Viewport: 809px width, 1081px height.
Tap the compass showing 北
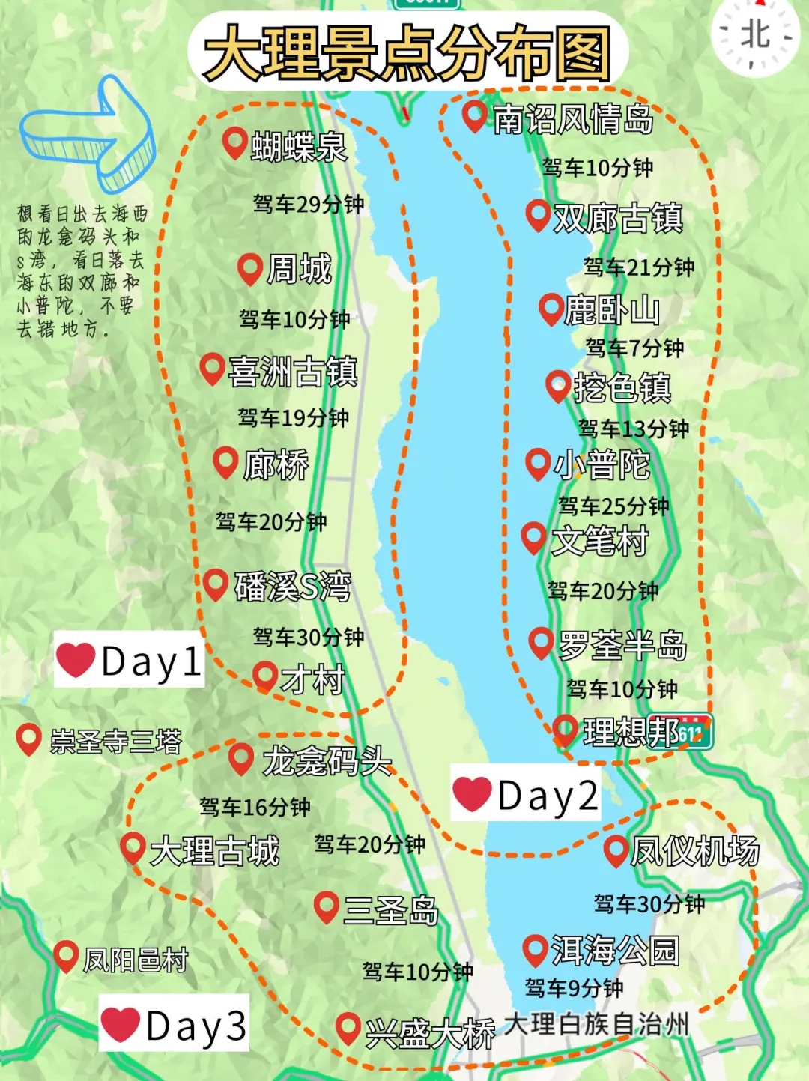tap(755, 34)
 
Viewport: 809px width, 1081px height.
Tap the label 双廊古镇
tap(618, 218)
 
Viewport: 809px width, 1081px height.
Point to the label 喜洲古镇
tap(293, 372)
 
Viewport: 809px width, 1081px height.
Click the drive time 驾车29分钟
tap(308, 204)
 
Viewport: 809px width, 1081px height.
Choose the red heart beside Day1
tap(76, 660)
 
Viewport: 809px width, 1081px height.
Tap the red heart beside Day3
tap(121, 1024)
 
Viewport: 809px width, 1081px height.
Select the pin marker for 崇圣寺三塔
tap(28, 739)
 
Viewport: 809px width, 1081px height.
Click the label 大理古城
tap(214, 851)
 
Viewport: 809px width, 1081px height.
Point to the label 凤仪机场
tap(694, 851)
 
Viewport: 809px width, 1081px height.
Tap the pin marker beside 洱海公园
tap(534, 949)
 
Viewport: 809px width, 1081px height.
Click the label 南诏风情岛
tap(573, 119)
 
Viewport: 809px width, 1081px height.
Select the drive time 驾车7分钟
tap(634, 348)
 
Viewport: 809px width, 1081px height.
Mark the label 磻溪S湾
tap(293, 586)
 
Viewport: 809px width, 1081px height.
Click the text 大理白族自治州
tap(596, 1023)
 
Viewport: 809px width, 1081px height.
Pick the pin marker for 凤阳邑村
tap(66, 955)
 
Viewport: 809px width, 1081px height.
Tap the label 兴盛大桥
tap(430, 1034)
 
